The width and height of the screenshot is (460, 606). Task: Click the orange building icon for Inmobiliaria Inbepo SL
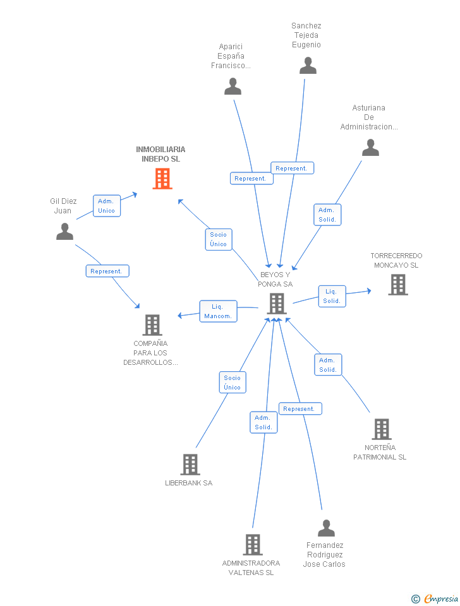point(162,179)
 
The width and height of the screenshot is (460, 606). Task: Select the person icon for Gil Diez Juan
point(64,232)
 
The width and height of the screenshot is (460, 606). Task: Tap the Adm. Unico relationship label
point(107,206)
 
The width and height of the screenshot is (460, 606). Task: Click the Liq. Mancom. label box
point(219,311)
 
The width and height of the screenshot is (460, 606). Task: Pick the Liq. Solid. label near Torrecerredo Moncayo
point(332,296)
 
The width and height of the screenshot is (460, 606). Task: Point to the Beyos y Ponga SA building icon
point(276,304)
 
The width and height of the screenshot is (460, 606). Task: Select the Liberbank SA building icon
point(190,465)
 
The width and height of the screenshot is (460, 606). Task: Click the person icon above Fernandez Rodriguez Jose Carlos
point(326,528)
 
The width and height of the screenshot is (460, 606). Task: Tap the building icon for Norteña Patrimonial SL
point(381,429)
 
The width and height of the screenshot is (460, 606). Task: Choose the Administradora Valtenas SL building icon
point(252,545)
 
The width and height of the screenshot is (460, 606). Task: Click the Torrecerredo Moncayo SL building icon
point(397,285)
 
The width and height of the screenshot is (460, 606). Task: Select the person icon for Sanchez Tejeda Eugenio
point(308,66)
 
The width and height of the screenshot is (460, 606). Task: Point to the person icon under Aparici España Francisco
point(233,86)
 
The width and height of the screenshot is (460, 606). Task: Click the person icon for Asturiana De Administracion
point(370,148)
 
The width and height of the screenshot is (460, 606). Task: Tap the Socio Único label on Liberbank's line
point(232,383)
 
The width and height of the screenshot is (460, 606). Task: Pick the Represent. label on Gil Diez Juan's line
point(107,271)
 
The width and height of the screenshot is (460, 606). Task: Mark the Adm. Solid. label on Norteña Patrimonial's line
point(328,365)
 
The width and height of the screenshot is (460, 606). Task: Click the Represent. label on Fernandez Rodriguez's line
point(300,409)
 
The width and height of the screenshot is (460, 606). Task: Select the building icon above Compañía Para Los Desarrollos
point(152,325)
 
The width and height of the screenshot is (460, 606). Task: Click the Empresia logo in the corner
point(435,598)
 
